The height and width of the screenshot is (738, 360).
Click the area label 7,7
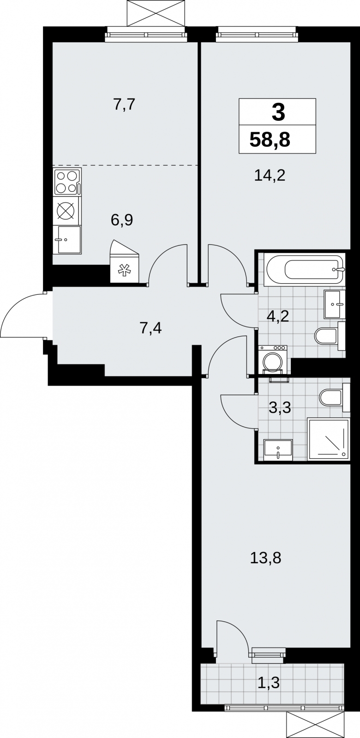click(x=124, y=104)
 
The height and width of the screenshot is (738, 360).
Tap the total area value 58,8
click(x=270, y=139)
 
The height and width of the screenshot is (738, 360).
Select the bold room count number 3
click(x=279, y=112)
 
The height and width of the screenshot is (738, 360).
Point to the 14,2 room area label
click(x=270, y=175)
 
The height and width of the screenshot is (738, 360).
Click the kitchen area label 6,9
click(x=122, y=220)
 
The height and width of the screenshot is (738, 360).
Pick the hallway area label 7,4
click(x=150, y=328)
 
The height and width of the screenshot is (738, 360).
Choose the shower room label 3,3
click(x=280, y=408)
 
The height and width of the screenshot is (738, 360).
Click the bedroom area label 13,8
click(x=265, y=558)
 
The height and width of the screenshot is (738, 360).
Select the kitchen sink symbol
click(x=67, y=239)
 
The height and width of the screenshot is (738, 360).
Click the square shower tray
click(x=328, y=439)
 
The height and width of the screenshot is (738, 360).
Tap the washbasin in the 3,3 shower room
click(x=278, y=450)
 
